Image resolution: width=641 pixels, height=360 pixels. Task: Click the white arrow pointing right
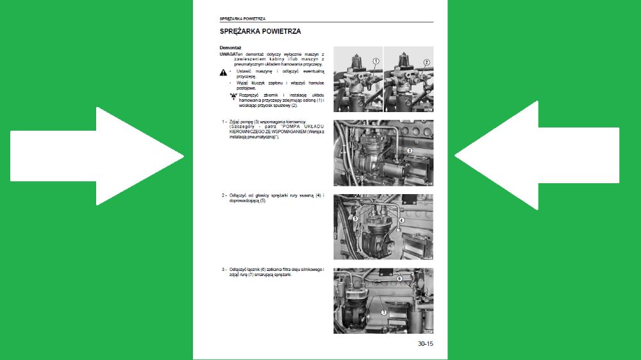(96, 156)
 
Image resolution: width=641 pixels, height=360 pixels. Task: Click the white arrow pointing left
(538, 156)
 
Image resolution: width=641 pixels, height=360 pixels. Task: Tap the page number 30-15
(426, 344)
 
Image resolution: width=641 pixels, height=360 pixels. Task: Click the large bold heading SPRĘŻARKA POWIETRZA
(260, 31)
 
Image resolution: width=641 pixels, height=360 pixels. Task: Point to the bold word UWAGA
(228, 54)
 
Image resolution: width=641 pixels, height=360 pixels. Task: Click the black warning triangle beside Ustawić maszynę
(223, 74)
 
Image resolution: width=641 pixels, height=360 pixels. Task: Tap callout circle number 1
(376, 61)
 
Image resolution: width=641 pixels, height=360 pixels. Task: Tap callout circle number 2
(426, 62)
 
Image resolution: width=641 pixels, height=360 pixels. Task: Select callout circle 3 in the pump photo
(409, 150)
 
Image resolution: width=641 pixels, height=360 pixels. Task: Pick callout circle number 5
(355, 218)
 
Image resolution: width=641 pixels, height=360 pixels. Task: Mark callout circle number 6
(399, 279)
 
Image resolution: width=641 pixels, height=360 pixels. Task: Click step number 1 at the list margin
(224, 121)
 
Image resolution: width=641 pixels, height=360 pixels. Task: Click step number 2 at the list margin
(224, 195)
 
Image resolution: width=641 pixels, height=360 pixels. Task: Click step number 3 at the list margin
(224, 270)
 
